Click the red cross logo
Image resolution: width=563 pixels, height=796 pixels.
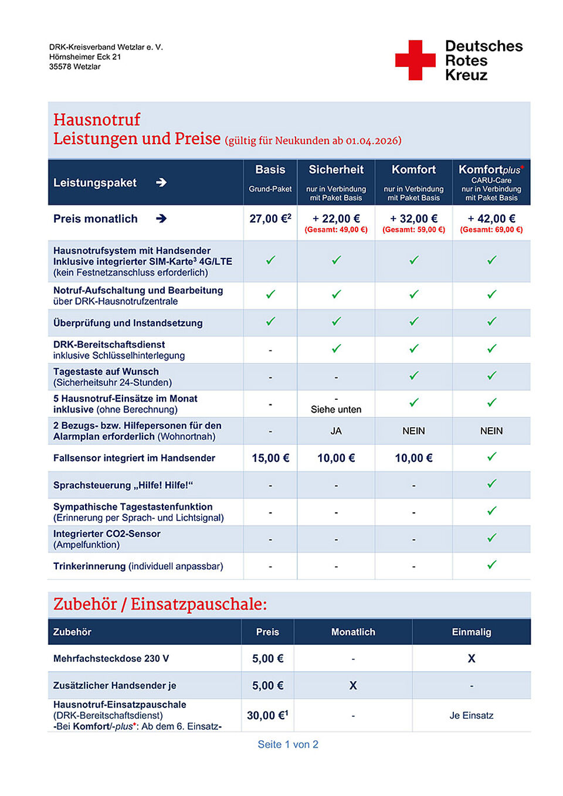click(x=415, y=60)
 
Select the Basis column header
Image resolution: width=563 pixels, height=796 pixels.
click(x=270, y=170)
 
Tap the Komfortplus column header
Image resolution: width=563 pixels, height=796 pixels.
click(x=491, y=170)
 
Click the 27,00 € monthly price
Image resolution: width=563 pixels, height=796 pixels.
click(x=270, y=219)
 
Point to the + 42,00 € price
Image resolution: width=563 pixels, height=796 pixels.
click(x=491, y=219)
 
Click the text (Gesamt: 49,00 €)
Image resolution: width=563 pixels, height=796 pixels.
click(x=336, y=230)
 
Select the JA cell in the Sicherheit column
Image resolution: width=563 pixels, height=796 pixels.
click(x=336, y=431)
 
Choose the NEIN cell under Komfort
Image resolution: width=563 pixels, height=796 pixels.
click(x=413, y=431)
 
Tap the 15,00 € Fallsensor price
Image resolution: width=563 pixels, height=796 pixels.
click(x=270, y=458)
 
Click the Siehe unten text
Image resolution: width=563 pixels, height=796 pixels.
click(x=336, y=410)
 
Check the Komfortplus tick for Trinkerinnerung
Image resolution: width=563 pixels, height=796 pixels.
click(x=491, y=564)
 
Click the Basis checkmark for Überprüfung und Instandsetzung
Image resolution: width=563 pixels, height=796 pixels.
click(x=270, y=321)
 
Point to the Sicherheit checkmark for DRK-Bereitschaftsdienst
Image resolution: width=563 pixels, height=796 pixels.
click(x=336, y=348)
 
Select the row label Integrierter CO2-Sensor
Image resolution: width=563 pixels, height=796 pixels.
click(x=107, y=534)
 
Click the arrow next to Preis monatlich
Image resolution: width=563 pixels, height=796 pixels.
click(x=161, y=219)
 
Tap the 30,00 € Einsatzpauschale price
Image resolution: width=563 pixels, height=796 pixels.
click(x=267, y=715)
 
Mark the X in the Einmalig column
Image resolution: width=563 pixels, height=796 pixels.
click(x=472, y=658)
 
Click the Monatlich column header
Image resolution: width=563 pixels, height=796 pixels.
click(x=353, y=632)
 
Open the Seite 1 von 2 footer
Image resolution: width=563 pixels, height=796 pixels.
click(x=288, y=744)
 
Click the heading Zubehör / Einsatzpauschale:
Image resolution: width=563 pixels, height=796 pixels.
click(x=160, y=604)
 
